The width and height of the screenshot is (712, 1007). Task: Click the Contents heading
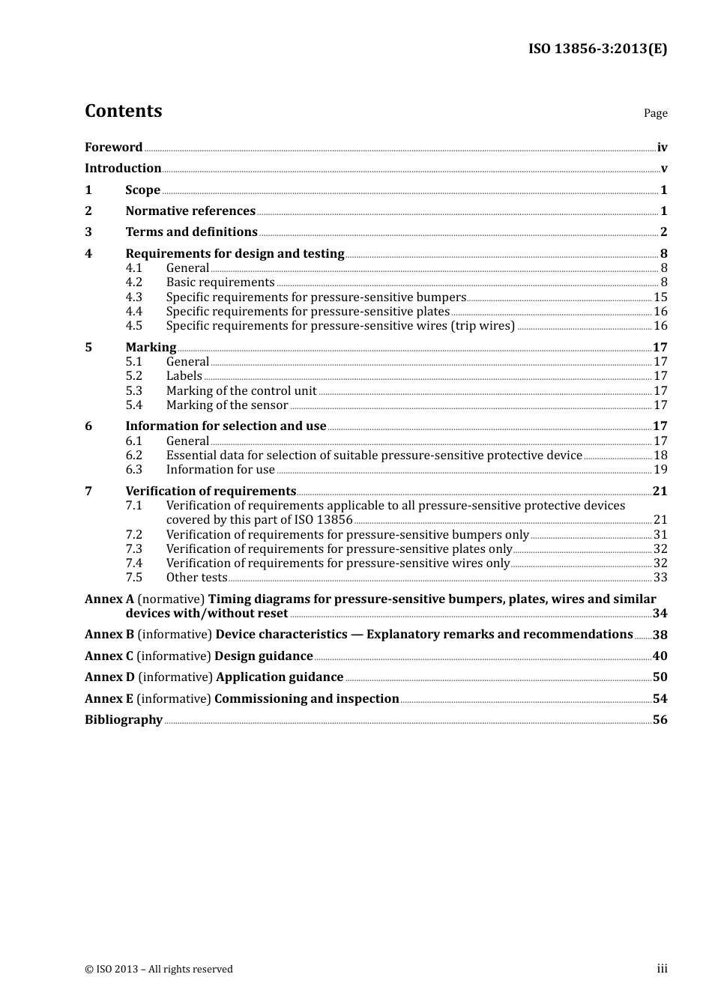(123, 111)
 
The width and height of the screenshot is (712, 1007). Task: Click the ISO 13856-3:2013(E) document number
(597, 49)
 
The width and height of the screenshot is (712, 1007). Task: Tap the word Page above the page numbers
(655, 113)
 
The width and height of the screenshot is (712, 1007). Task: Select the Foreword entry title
(113, 148)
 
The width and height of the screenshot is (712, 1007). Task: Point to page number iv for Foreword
(662, 148)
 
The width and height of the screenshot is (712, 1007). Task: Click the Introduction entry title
(123, 169)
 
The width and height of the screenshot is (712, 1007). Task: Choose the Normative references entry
(190, 211)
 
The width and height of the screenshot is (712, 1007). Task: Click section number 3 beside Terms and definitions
(88, 232)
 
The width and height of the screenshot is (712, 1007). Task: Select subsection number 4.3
(133, 297)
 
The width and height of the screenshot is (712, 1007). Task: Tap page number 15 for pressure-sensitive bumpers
(660, 297)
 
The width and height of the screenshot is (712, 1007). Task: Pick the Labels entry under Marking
(184, 376)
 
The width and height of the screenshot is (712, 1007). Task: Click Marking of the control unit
(241, 391)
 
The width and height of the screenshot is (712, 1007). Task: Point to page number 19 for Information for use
(660, 470)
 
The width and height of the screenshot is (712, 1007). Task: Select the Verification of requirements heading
(211, 492)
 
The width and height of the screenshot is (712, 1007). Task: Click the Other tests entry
(196, 578)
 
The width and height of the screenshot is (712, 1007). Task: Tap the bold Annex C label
(109, 656)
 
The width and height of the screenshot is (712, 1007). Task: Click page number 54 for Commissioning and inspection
(660, 699)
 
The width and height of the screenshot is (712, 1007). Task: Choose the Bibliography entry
(124, 720)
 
